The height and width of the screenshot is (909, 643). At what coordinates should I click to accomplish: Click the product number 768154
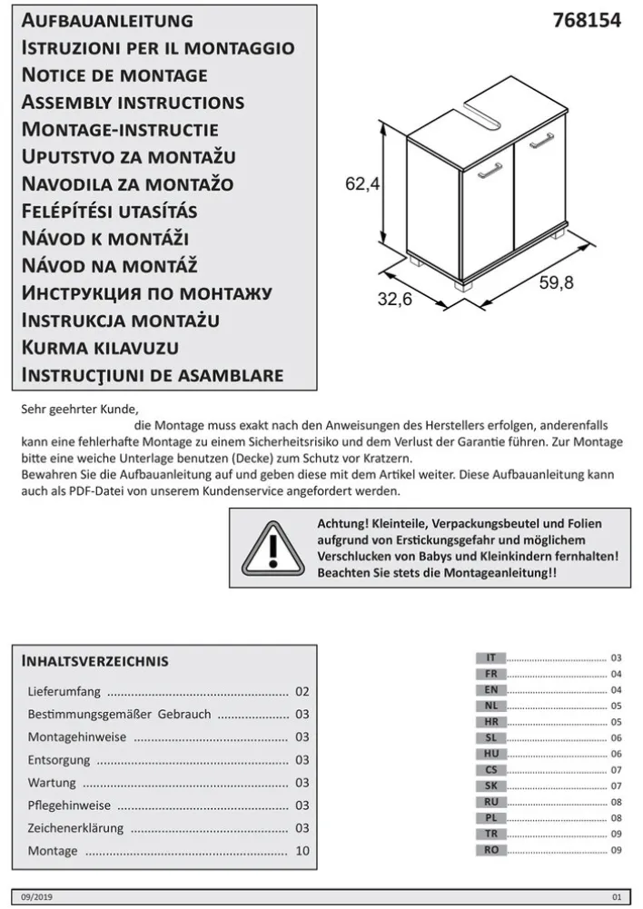pyautogui.click(x=587, y=21)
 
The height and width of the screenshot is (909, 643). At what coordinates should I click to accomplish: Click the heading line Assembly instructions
pyautogui.click(x=133, y=102)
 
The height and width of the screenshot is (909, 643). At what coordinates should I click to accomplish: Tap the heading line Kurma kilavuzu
pyautogui.click(x=100, y=347)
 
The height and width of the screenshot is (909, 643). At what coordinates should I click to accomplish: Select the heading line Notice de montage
pyautogui.click(x=114, y=74)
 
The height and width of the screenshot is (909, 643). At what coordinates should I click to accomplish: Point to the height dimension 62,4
pyautogui.click(x=361, y=183)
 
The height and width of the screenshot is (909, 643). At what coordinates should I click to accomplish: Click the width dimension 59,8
pyautogui.click(x=556, y=282)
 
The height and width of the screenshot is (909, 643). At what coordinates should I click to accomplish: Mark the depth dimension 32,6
pyautogui.click(x=394, y=300)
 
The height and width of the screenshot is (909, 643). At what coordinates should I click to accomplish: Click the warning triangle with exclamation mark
pyautogui.click(x=273, y=548)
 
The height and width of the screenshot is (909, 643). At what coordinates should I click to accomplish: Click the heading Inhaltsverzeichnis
pyautogui.click(x=95, y=660)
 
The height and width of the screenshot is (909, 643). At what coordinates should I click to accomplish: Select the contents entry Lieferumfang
pyautogui.click(x=64, y=692)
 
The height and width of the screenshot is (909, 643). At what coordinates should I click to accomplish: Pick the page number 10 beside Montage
pyautogui.click(x=302, y=851)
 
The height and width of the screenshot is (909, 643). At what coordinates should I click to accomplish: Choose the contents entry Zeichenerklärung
pyautogui.click(x=75, y=828)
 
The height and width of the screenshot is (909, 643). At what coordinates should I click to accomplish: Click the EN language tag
pyautogui.click(x=490, y=689)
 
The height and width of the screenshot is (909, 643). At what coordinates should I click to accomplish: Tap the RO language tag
pyautogui.click(x=490, y=850)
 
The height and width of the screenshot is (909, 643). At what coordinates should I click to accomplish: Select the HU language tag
pyautogui.click(x=490, y=754)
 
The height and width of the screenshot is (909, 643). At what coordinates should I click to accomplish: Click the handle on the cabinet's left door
pyautogui.click(x=490, y=169)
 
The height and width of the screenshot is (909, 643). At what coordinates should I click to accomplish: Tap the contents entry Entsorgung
pyautogui.click(x=59, y=760)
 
